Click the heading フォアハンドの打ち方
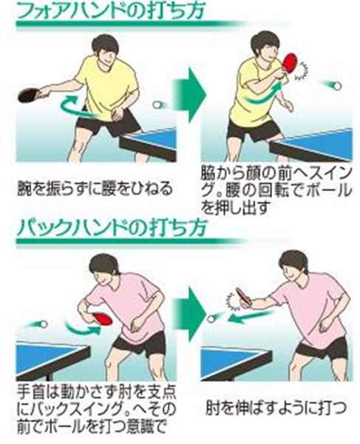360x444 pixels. (x=111, y=10)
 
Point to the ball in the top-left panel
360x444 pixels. (x=157, y=105)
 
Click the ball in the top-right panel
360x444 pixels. (x=337, y=86)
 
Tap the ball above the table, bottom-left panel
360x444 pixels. (x=44, y=324)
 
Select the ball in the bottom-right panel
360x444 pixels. (x=211, y=319)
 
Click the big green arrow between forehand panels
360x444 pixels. (x=188, y=95)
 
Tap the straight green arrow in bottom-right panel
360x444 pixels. (x=251, y=317)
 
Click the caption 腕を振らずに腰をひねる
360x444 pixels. (x=95, y=189)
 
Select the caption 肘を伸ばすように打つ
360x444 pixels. (x=276, y=408)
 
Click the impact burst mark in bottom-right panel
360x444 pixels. (x=235, y=301)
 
